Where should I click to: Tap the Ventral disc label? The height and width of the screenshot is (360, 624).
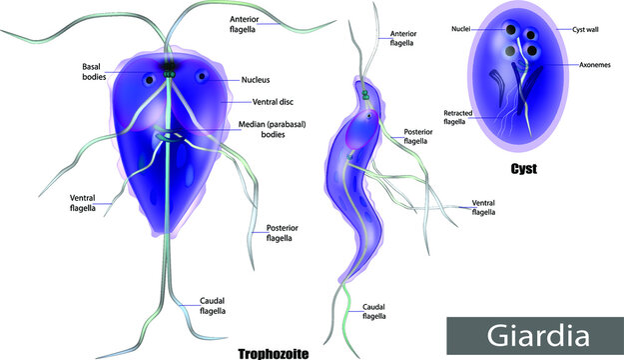pyautogui.click(x=261, y=101)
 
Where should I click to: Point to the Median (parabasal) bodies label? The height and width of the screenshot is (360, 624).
pyautogui.click(x=275, y=131)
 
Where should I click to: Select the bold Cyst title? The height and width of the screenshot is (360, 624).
pyautogui.click(x=521, y=169)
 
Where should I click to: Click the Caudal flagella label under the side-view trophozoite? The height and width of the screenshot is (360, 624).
pyautogui.click(x=374, y=311)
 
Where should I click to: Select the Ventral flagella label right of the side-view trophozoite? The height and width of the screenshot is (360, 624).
pyautogui.click(x=484, y=207)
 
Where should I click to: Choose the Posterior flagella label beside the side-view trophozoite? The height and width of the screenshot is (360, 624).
pyautogui.click(x=417, y=137)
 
